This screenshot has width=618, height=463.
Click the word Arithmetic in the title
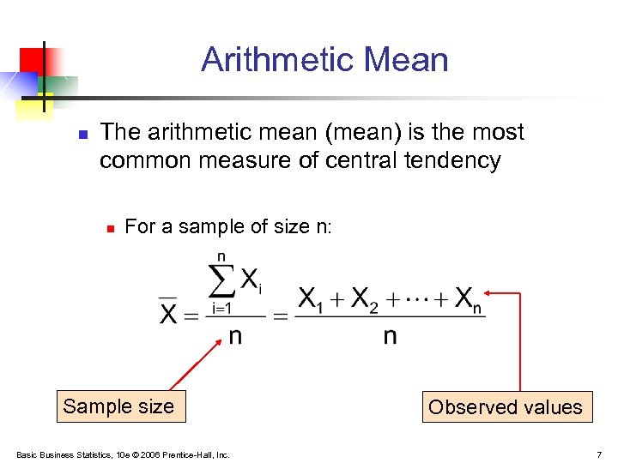pos(277,60)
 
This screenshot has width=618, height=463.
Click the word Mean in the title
pos(405,60)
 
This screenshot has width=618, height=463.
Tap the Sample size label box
pos(118,406)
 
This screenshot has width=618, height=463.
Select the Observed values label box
pos(505,407)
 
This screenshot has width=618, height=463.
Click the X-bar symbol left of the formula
pos(169,312)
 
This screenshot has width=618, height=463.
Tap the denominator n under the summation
pos(234,336)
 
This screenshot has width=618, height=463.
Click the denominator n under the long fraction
pos(390,336)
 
